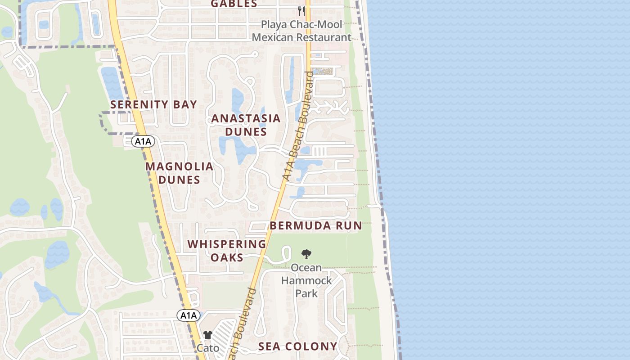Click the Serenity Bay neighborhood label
click(153, 104)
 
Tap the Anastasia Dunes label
click(246, 125)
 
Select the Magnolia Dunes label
click(179, 173)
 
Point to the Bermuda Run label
click(315, 225)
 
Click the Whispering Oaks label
click(227, 251)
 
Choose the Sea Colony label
click(297, 346)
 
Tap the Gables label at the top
click(234, 4)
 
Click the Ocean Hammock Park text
click(306, 280)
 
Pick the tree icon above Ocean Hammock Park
click(306, 254)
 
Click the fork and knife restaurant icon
click(301, 11)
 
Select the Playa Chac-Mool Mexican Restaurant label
click(301, 31)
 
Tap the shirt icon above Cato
click(207, 335)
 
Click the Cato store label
click(208, 348)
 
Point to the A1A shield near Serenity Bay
click(144, 142)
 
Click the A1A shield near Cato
click(188, 315)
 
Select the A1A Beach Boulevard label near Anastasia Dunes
click(297, 126)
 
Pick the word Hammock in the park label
click(306, 280)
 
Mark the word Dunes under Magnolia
click(179, 180)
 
